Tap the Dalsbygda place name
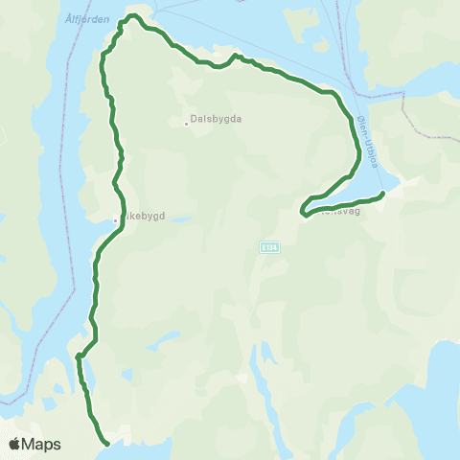216,121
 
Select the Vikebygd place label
144,217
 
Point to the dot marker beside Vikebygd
115,218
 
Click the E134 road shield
269,247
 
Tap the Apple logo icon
15,444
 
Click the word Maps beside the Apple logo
42,445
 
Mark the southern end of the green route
106,444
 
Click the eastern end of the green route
382,194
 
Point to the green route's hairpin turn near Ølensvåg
302,211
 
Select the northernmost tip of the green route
135,15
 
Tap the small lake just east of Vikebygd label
182,218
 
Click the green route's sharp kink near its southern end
80,357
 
